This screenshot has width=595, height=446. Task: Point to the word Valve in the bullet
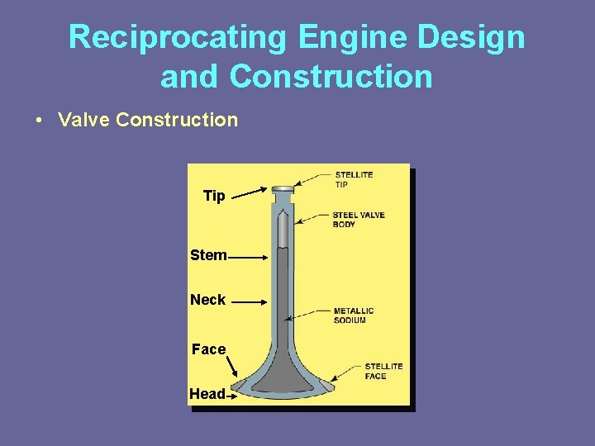tap(84, 120)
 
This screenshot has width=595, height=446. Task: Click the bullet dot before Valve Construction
tap(39, 121)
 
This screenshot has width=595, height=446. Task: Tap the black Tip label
tap(214, 196)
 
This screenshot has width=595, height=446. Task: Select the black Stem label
tap(208, 255)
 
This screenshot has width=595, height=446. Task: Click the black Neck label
tap(207, 300)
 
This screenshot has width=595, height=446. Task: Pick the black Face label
tap(208, 349)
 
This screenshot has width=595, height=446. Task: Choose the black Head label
tap(207, 394)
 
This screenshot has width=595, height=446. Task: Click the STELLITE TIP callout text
tap(354, 179)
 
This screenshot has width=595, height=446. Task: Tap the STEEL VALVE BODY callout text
tap(359, 220)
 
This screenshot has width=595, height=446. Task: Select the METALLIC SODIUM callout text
tap(354, 316)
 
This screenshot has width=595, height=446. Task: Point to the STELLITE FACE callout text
tap(383, 371)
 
